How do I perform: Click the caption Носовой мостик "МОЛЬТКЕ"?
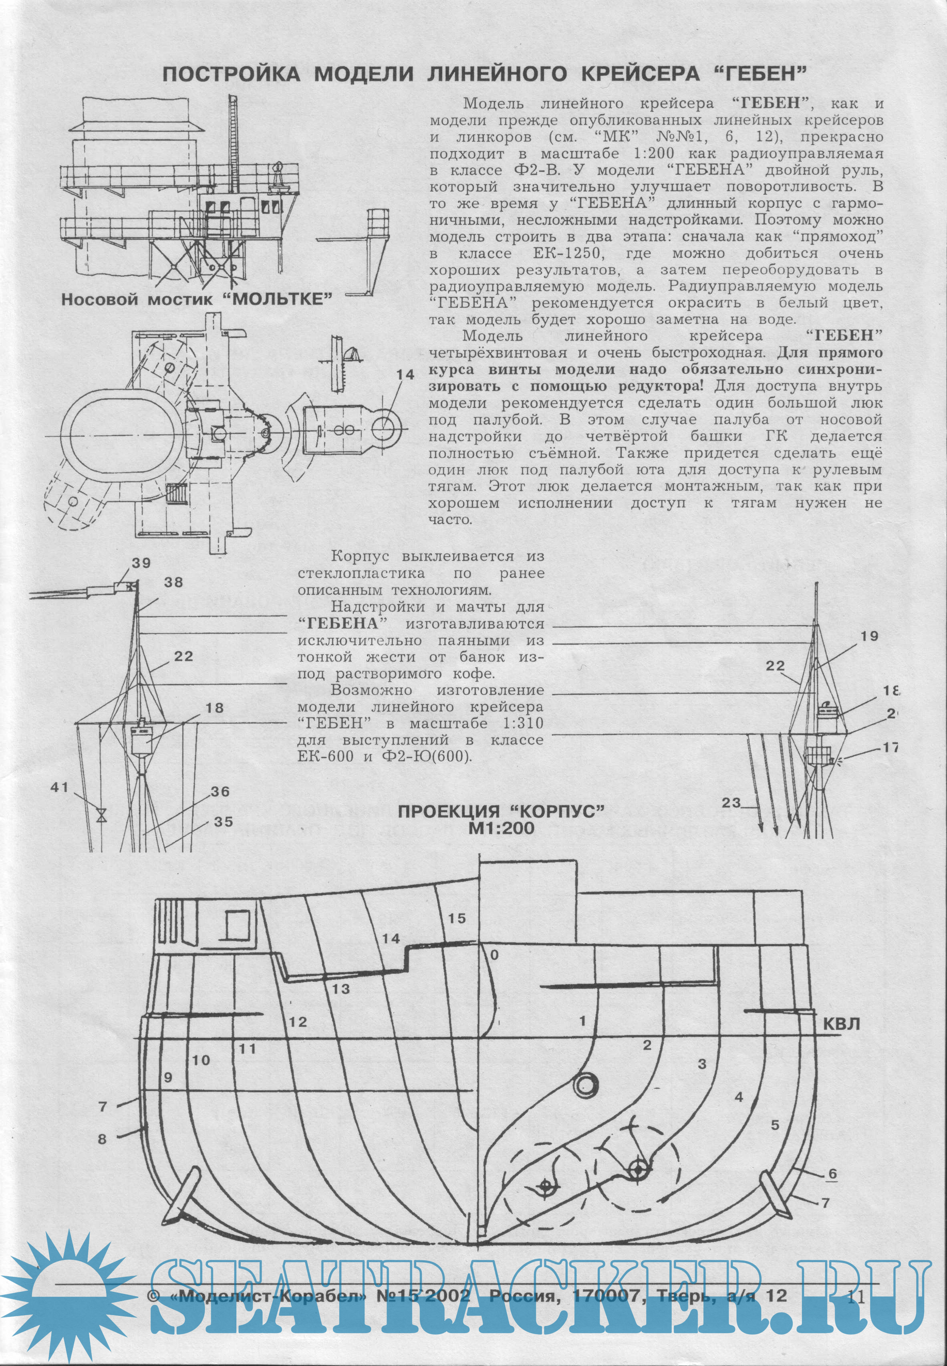pos(196,299)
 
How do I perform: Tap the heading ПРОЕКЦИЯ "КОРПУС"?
pos(502,811)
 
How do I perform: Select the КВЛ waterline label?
pos(842,1024)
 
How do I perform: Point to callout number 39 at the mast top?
pos(141,563)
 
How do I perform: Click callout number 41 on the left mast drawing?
pos(60,787)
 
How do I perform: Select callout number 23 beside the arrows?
pos(731,803)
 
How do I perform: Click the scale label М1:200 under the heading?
pos(502,828)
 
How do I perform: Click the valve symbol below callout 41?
pos(102,813)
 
